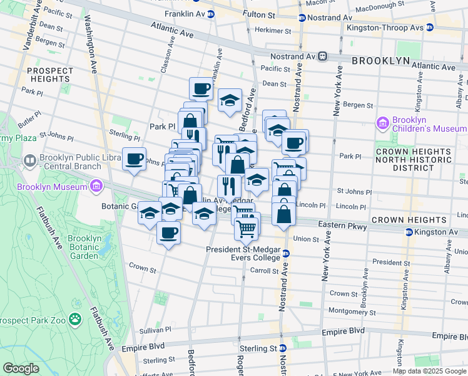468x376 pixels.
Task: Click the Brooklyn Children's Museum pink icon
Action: tap(383, 124)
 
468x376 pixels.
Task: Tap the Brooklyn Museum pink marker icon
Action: tap(95, 187)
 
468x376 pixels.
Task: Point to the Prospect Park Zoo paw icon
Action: tap(76, 320)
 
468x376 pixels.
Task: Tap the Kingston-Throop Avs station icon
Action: tap(429, 28)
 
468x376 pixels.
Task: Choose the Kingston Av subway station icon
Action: tap(409, 232)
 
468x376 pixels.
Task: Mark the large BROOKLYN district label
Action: tap(380, 61)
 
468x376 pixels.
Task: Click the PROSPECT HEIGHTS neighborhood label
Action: tap(49, 75)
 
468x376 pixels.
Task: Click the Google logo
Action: tap(21, 368)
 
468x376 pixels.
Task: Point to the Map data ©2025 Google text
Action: tap(429, 371)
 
